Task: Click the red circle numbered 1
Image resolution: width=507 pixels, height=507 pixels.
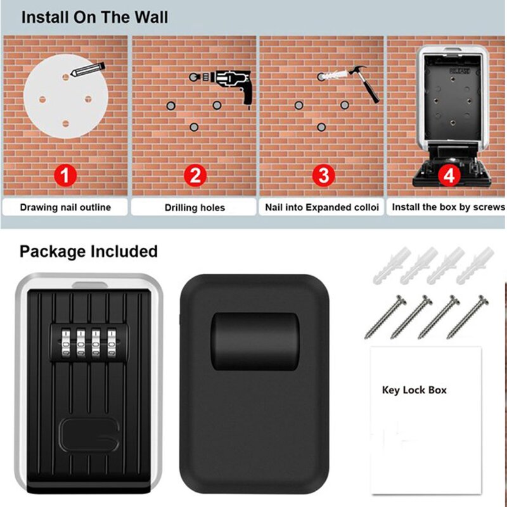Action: [67, 175]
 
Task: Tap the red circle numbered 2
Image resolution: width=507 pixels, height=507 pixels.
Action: [195, 175]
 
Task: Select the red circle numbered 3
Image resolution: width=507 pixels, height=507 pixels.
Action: [323, 175]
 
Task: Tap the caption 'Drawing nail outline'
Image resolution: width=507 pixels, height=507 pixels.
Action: [65, 207]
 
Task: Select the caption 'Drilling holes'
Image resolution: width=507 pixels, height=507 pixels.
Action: [195, 208]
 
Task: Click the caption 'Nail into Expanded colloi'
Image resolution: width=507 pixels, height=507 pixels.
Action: [322, 207]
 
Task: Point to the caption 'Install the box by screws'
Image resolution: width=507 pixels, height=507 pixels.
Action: [448, 207]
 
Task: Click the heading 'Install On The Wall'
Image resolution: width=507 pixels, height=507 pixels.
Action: [95, 17]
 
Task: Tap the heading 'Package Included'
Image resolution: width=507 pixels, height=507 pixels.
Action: [89, 252]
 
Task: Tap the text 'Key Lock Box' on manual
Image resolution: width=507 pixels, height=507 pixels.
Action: [414, 390]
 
